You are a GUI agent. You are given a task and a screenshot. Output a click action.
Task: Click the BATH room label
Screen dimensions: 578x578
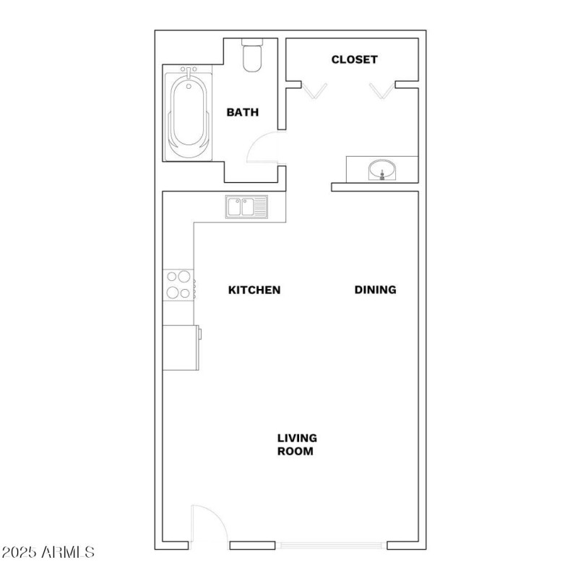click(242, 113)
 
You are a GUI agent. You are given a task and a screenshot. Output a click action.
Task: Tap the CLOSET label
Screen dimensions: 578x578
click(354, 59)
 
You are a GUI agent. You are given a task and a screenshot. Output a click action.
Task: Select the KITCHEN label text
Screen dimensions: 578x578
click(254, 290)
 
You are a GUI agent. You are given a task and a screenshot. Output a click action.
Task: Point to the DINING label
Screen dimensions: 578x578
click(376, 290)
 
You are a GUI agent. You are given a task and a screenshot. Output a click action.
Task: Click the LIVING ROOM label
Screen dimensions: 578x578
click(297, 444)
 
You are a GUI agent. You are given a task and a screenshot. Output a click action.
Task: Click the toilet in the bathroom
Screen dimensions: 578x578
click(252, 58)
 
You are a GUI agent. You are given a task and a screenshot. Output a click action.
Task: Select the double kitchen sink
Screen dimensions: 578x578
click(246, 207)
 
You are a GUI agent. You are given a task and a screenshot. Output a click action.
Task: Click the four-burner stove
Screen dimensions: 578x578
click(178, 284)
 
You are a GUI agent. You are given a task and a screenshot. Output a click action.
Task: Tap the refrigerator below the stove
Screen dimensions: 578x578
click(181, 347)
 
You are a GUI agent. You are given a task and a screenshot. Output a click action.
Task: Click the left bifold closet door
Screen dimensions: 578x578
click(314, 90)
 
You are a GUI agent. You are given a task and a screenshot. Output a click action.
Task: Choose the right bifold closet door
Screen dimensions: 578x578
click(381, 90)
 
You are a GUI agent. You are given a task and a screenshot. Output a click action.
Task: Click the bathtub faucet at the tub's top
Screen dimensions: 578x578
click(189, 73)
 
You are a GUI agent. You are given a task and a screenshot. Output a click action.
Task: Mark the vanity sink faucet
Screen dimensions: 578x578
click(381, 175)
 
